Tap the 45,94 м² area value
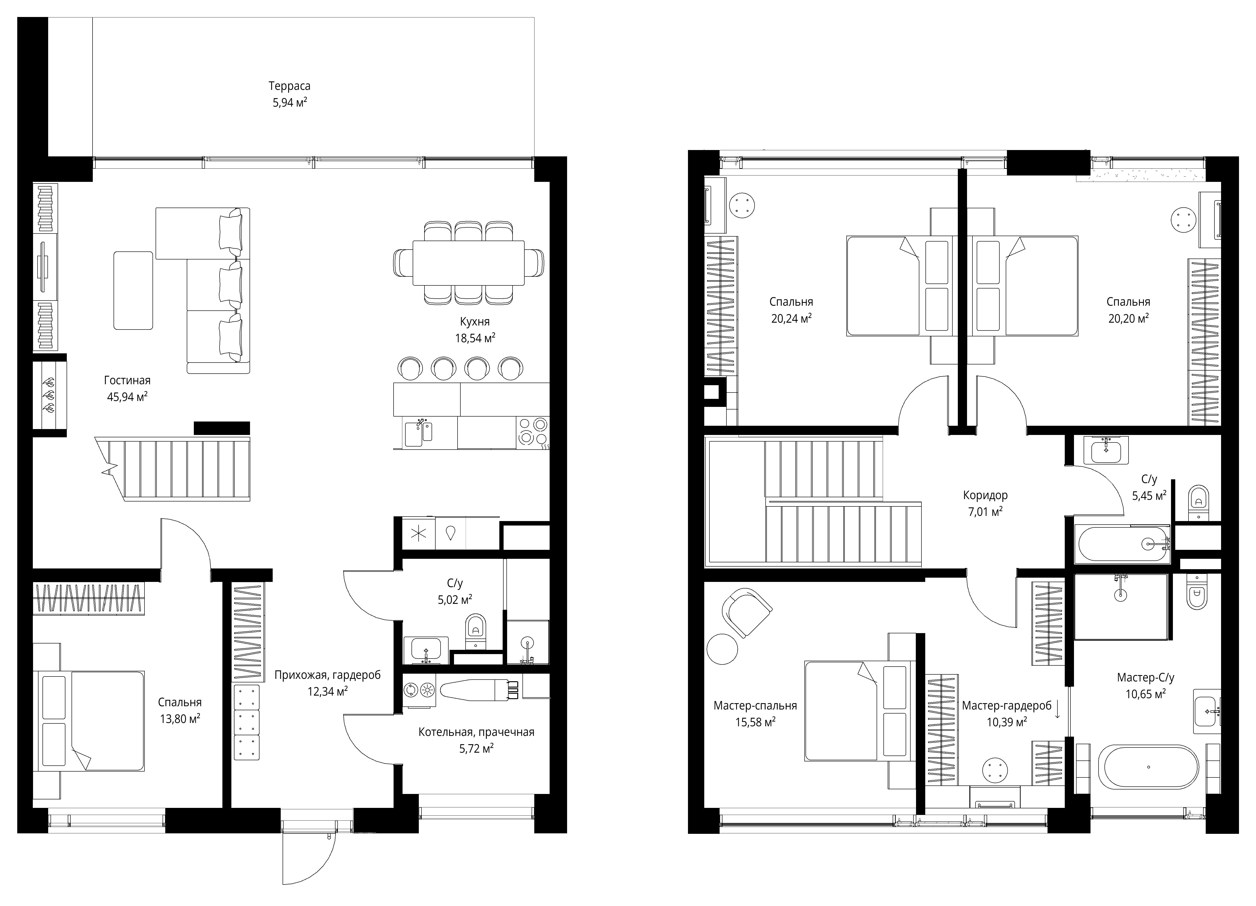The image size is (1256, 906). pos(127,397)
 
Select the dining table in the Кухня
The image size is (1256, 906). pos(468,262)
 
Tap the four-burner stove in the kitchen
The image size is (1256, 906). pos(533,432)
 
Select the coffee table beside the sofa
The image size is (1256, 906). pos(133,291)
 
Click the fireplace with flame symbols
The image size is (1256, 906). pos(49,395)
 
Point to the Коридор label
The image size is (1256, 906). pos(985,495)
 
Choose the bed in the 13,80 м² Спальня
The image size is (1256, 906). pos(90,721)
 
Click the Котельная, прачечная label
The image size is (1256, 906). pos(476,732)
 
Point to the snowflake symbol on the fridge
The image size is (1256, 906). pos(418,534)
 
